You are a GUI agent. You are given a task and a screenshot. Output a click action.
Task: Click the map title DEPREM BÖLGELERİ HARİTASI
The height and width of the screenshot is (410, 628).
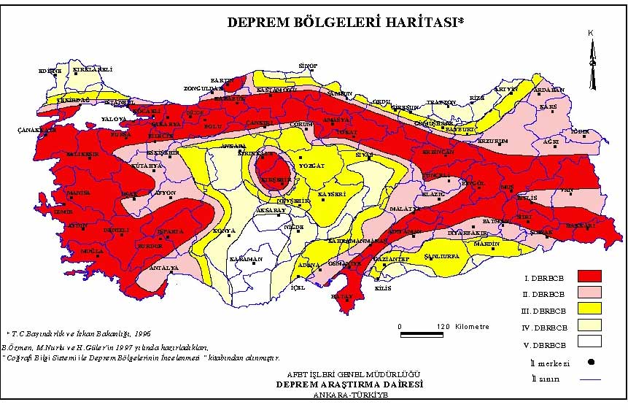(x=345, y=23)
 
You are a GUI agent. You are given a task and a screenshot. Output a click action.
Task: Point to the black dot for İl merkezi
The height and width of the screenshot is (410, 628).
(x=589, y=361)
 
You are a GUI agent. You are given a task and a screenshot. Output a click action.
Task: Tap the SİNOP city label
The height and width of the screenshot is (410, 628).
(x=309, y=66)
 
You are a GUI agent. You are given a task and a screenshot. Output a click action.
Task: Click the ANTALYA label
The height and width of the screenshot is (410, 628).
(x=163, y=268)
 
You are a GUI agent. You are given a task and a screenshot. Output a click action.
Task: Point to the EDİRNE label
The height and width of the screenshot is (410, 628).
(x=50, y=70)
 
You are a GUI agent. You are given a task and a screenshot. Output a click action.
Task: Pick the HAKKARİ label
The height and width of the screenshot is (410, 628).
(x=581, y=225)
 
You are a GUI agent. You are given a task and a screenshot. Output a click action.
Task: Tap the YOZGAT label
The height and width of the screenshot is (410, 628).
(x=311, y=166)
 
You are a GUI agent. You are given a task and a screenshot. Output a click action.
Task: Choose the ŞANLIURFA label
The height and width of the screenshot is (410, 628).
(x=441, y=258)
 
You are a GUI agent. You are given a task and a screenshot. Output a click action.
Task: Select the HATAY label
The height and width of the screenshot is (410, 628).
(x=341, y=296)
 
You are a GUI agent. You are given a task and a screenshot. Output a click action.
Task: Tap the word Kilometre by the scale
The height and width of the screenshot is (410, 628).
(x=470, y=326)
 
